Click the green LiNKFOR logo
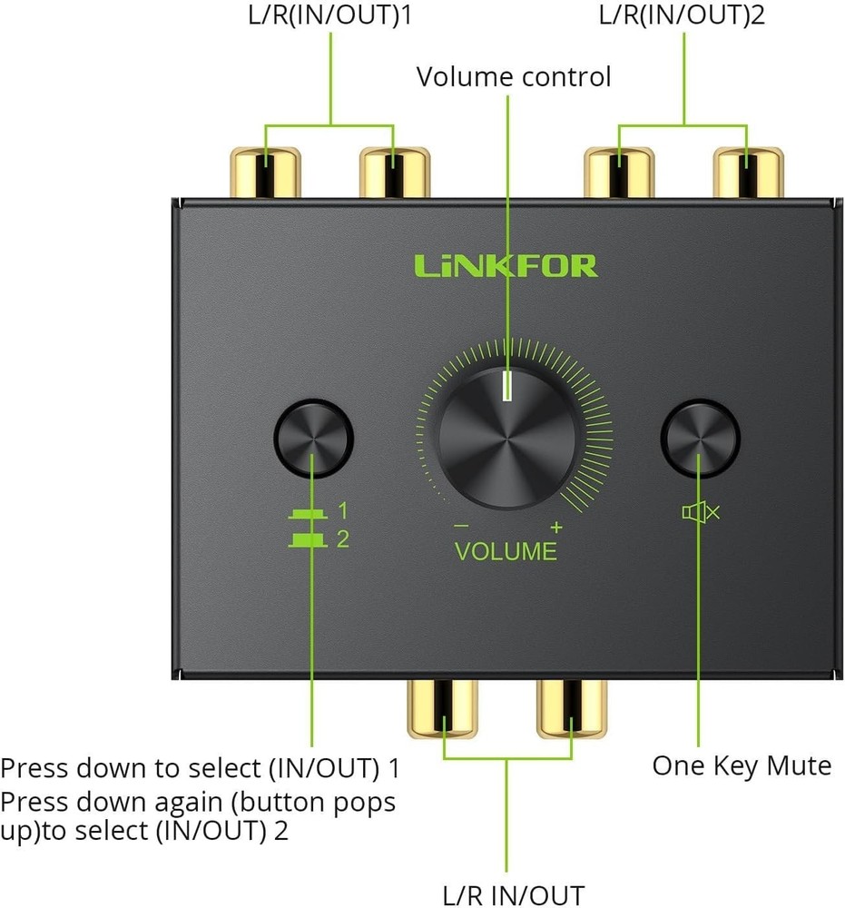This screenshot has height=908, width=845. [x=506, y=265]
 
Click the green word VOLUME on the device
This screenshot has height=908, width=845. [x=506, y=551]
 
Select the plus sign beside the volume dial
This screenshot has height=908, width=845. [x=555, y=527]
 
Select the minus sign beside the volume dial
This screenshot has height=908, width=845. [x=461, y=526]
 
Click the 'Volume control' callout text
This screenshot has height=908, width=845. [x=514, y=77]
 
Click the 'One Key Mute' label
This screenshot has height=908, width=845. [x=742, y=765]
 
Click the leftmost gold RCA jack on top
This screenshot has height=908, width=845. [x=264, y=173]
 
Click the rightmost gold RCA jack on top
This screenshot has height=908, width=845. [x=746, y=173]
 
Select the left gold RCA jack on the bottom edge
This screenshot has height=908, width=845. [x=442, y=708]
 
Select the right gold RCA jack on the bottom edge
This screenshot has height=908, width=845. [x=572, y=708]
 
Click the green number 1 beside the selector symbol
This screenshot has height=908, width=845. [x=342, y=510]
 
